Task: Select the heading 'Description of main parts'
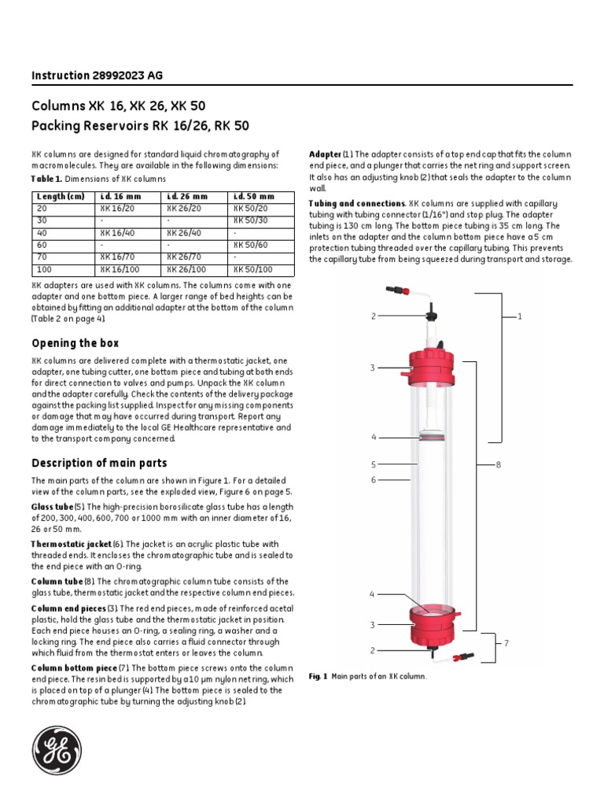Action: point(99,463)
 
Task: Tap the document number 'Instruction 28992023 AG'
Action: point(98,76)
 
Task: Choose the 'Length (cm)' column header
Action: point(60,196)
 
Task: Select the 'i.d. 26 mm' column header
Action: point(187,196)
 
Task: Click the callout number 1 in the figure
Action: point(520,316)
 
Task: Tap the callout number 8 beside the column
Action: point(498,465)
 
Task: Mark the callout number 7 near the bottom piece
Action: point(506,644)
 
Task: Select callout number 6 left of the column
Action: point(374,479)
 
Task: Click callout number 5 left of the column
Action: point(374,464)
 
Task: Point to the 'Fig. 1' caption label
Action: point(318,676)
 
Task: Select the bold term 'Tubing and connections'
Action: point(357,203)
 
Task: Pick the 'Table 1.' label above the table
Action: point(46,179)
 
